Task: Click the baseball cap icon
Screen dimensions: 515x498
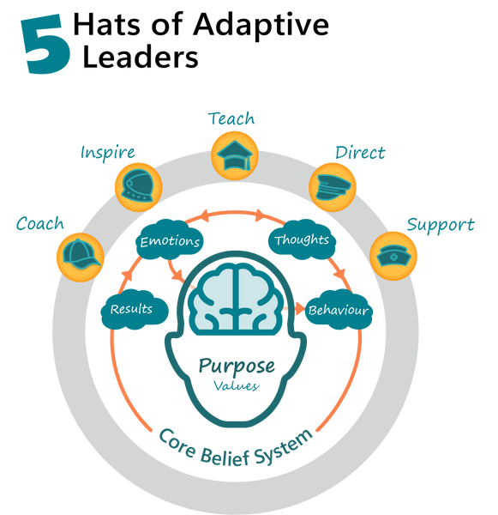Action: point(80,254)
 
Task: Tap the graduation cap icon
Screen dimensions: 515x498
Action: point(235,153)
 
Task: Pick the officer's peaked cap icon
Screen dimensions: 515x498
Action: point(332,185)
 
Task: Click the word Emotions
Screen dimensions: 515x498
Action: point(170,241)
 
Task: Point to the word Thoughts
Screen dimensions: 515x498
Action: point(301,239)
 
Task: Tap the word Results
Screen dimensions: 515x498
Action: point(131,308)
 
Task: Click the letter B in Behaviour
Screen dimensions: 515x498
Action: point(313,310)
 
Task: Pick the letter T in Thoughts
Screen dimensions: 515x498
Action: point(279,239)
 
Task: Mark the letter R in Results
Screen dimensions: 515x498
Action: point(115,308)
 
